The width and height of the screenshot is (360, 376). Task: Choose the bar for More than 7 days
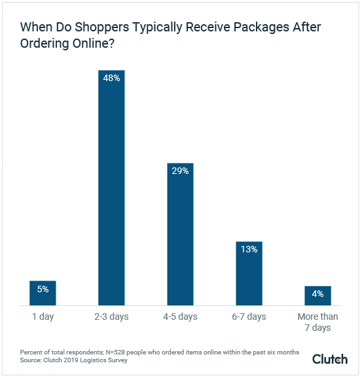[317, 296]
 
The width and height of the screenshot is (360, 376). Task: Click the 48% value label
[111, 78]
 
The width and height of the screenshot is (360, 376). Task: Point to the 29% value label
[180, 171]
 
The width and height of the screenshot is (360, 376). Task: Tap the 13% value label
[249, 249]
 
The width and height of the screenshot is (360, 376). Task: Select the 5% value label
[43, 288]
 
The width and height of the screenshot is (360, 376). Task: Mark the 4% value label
[317, 294]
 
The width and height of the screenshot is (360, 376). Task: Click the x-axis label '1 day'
[43, 316]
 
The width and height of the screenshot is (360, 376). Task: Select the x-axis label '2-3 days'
[111, 316]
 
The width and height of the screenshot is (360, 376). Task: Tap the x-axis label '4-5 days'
[180, 316]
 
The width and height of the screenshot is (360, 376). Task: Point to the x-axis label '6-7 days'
[249, 316]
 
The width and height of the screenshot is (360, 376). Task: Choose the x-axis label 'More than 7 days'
[317, 322]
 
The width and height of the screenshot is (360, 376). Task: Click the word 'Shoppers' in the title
[97, 28]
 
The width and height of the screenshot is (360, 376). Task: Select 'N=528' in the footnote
[115, 352]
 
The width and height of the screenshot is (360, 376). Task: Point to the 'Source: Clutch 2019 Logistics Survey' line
[75, 360]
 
